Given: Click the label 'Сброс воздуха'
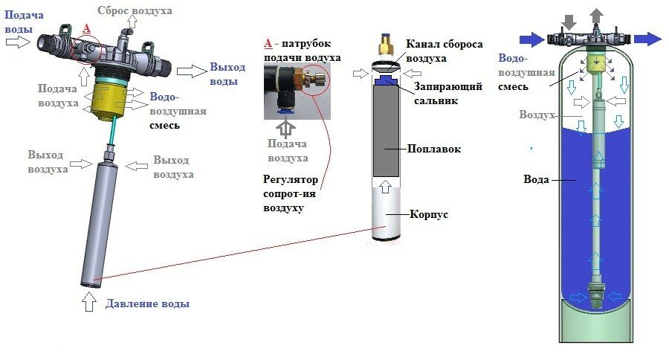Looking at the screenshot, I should coord(135,11).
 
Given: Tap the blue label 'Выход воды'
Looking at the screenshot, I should coord(227,74).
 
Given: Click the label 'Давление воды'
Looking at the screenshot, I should coord(147,303).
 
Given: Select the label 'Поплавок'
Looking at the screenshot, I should coord(435,149).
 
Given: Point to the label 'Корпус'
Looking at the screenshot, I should coord(428,214).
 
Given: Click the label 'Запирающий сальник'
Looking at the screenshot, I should coord(448,93).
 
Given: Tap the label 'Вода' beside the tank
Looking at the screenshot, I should coord(537,179).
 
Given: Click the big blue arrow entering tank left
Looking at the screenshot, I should coord(530,38).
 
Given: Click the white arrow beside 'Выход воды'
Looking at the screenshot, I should coord(189,71).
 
